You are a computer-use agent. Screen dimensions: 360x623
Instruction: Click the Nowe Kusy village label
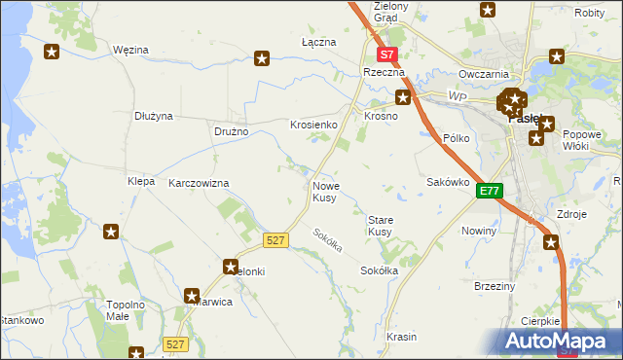326,192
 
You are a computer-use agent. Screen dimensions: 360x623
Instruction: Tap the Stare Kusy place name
380,226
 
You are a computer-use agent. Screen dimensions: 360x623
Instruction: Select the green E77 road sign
490,192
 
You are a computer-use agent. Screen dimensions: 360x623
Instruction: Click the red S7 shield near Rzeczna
387,56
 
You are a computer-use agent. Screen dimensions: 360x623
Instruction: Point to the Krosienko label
313,126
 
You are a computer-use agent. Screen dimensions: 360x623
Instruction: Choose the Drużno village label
232,131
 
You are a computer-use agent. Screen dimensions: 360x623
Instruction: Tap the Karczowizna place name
199,183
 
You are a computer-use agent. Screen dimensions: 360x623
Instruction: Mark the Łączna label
318,43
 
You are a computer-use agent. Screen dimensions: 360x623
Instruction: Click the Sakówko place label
449,182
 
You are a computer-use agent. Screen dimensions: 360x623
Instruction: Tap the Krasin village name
401,337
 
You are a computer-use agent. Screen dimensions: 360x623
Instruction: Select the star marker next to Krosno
403,96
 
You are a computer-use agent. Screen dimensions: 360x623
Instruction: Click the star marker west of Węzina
52,53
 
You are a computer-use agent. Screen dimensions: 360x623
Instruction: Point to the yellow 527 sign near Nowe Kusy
275,239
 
